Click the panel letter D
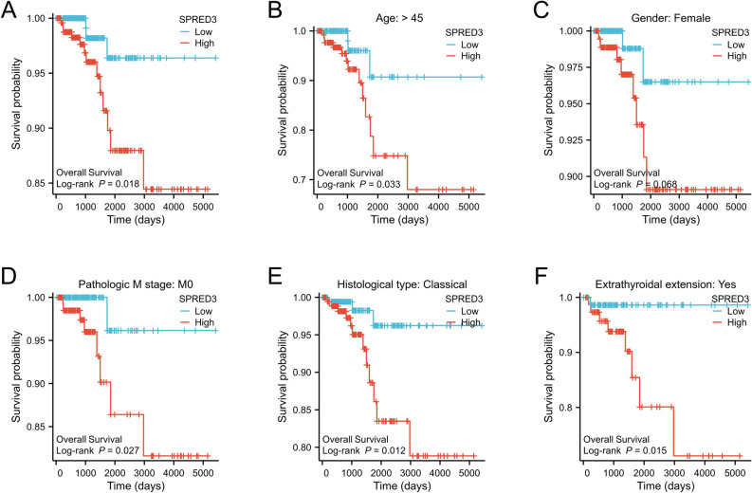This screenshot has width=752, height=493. pyautogui.click(x=9, y=275)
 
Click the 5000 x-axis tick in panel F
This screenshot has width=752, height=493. pyautogui.click(x=734, y=471)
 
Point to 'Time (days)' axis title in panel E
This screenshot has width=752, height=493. pyautogui.click(x=404, y=485)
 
